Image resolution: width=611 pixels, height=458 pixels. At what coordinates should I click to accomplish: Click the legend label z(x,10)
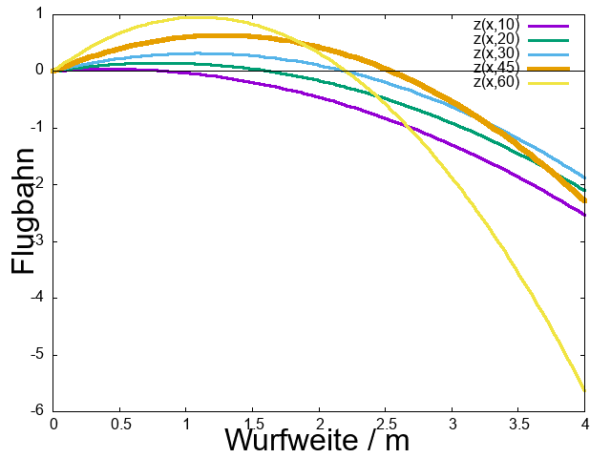(495, 25)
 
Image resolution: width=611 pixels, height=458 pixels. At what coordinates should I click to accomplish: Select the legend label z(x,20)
(495, 39)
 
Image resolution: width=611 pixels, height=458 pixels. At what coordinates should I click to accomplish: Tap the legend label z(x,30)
(495, 53)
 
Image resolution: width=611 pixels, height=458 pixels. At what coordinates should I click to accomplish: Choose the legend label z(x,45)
(495, 68)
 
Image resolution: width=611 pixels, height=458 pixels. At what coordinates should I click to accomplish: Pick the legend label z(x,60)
(495, 82)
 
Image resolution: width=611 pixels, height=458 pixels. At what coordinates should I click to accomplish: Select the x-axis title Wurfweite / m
(317, 440)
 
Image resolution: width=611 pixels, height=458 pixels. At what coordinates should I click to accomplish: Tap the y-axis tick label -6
(37, 411)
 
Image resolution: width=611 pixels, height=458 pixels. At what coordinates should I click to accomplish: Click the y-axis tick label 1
(39, 13)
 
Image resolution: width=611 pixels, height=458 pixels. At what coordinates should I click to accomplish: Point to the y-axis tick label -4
(37, 298)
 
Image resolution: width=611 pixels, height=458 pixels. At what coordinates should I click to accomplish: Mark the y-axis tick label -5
(37, 355)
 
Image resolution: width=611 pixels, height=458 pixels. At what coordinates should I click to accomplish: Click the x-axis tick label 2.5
(386, 423)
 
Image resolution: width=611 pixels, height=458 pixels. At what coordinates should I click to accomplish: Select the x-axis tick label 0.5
(119, 423)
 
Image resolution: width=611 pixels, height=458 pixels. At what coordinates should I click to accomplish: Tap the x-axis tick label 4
(585, 423)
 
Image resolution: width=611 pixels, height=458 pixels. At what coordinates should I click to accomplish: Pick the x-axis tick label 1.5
(252, 423)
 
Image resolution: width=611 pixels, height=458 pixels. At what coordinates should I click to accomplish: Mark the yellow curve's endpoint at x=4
(584, 389)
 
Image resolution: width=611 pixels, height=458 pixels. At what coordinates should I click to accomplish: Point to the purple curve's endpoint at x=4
(584, 215)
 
